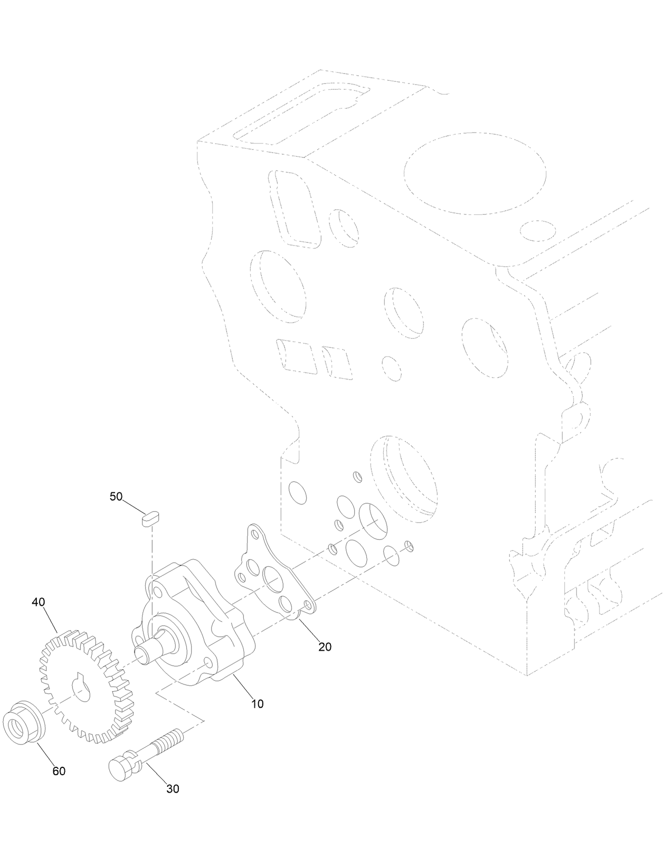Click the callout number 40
pyautogui.click(x=39, y=602)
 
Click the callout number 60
pyautogui.click(x=59, y=771)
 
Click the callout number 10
pyautogui.click(x=257, y=703)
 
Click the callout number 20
pyautogui.click(x=325, y=646)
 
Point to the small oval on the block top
pyautogui.click(x=537, y=230)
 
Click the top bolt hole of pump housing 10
pyautogui.click(x=158, y=589)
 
